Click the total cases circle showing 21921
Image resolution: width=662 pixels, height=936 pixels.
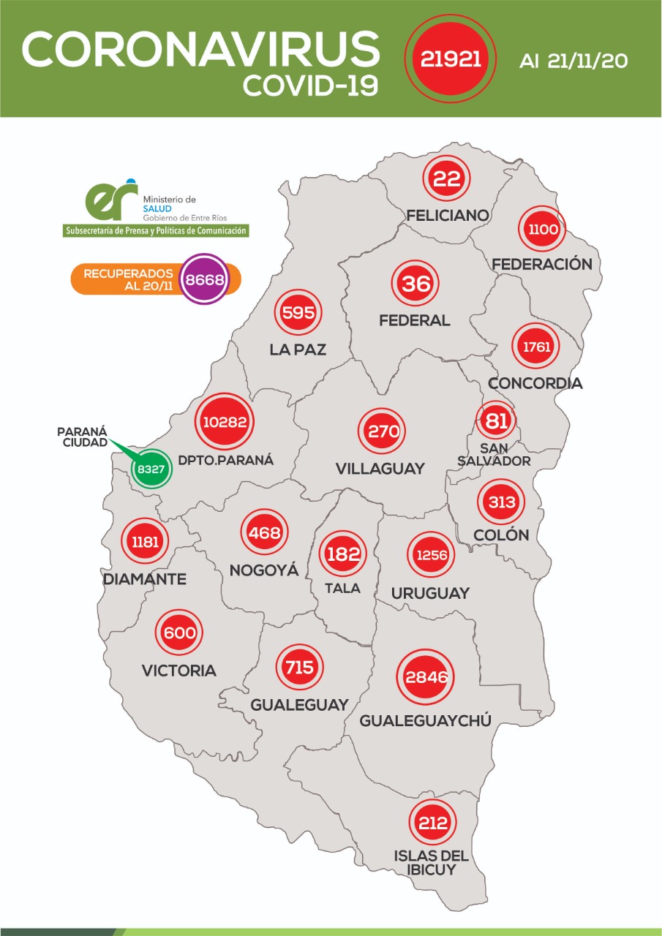pyautogui.click(x=450, y=58)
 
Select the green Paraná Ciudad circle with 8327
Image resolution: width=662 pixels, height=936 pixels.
pyautogui.click(x=151, y=468)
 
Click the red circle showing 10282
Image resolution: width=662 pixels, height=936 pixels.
pyautogui.click(x=225, y=422)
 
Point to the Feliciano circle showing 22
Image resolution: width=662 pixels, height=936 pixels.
pyautogui.click(x=446, y=179)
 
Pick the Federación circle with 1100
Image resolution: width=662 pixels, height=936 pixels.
pyautogui.click(x=543, y=230)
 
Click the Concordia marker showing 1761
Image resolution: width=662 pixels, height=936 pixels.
pyautogui.click(x=536, y=347)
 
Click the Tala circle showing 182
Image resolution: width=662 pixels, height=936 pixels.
pyautogui.click(x=343, y=553)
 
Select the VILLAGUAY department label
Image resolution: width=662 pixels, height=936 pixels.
pyautogui.click(x=380, y=469)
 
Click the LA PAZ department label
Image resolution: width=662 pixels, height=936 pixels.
pyautogui.click(x=298, y=350)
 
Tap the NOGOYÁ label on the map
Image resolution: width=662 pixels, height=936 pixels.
pyautogui.click(x=264, y=570)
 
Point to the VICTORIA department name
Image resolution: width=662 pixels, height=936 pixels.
pyautogui.click(x=179, y=671)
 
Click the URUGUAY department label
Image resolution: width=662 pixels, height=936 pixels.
pyautogui.click(x=430, y=593)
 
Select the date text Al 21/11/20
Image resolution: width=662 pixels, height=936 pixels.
pyautogui.click(x=573, y=61)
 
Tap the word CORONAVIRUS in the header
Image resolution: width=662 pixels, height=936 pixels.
pyautogui.click(x=200, y=50)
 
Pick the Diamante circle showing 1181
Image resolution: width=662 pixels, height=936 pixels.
pyautogui.click(x=145, y=543)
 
